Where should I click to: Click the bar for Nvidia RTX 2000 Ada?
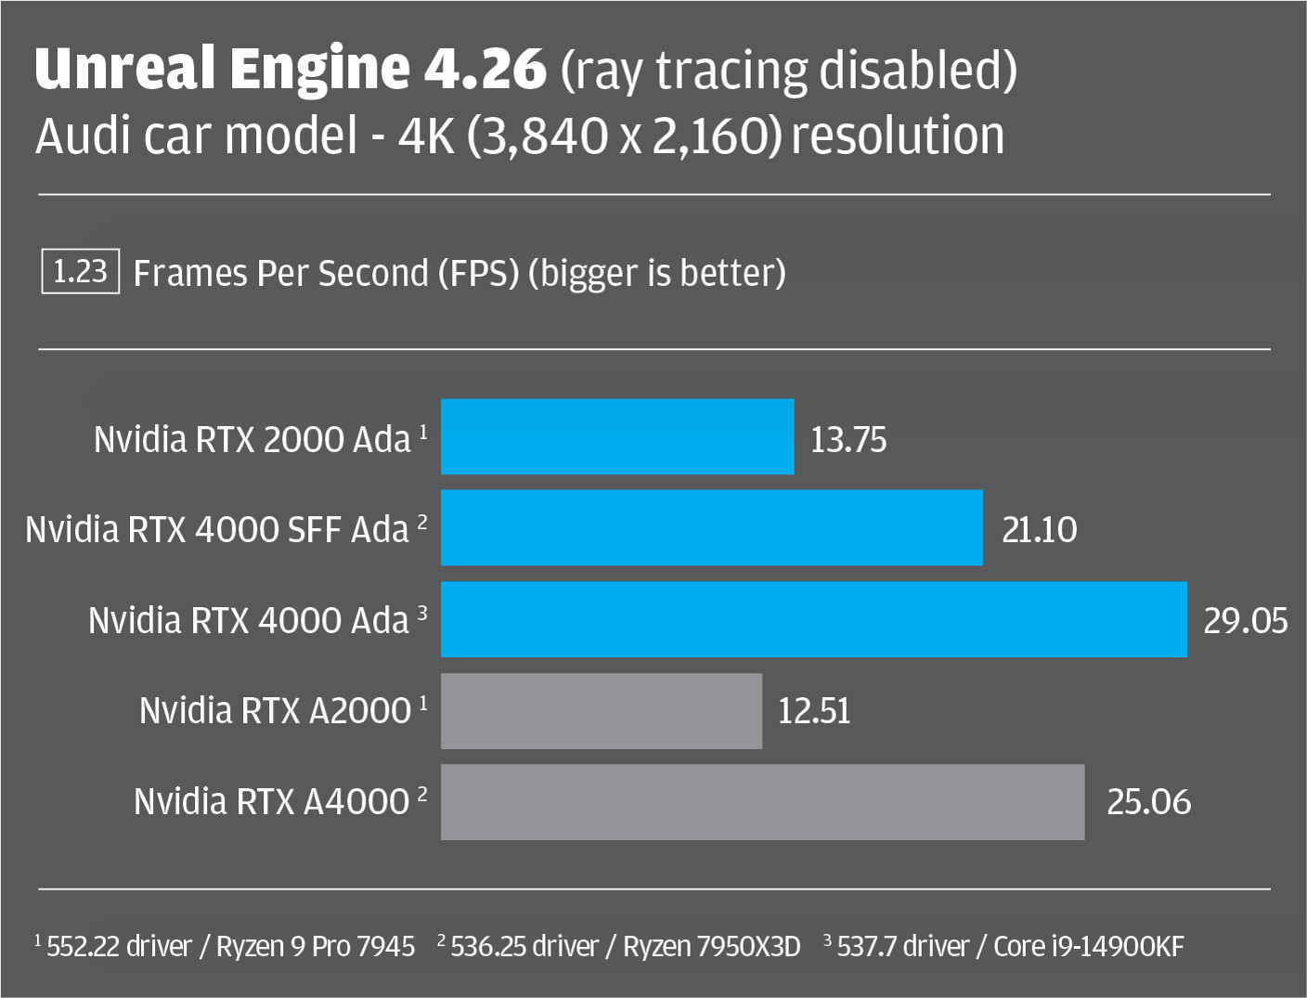(617, 437)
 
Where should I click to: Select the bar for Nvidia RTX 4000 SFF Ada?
(711, 527)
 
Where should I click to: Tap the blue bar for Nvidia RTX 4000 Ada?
(813, 619)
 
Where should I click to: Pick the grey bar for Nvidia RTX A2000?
(601, 711)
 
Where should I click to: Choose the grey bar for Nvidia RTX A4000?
(762, 802)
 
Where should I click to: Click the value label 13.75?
(848, 439)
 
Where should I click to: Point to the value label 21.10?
(1040, 529)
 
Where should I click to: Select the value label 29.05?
(1246, 620)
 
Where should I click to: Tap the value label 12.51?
(814, 711)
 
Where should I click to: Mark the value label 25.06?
(1148, 802)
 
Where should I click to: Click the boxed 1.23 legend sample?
(81, 271)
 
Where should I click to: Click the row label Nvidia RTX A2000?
(275, 711)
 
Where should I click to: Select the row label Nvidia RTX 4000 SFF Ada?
(217, 529)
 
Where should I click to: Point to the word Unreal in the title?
(124, 69)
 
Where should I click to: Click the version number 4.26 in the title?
(485, 69)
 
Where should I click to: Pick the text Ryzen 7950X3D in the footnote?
(711, 946)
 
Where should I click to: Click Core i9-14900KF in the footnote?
(1089, 946)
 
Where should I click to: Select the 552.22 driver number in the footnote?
(83, 946)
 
